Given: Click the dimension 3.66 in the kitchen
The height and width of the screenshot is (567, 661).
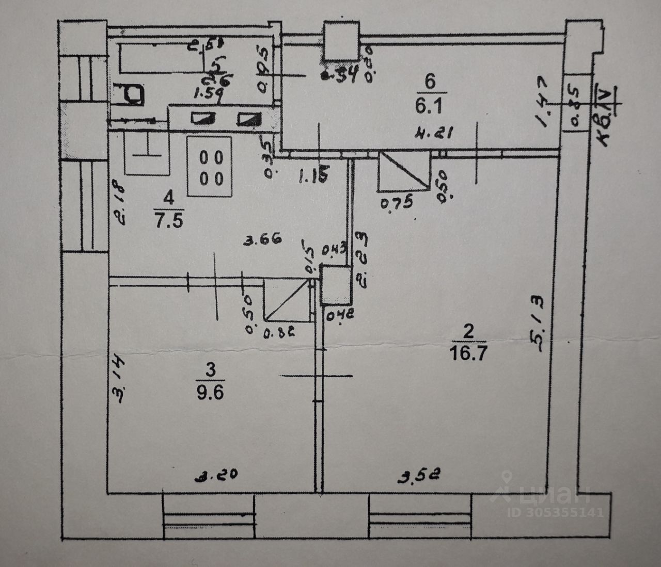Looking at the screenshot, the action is pos(262,239).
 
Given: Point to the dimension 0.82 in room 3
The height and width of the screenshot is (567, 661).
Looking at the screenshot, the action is pos(278,333).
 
